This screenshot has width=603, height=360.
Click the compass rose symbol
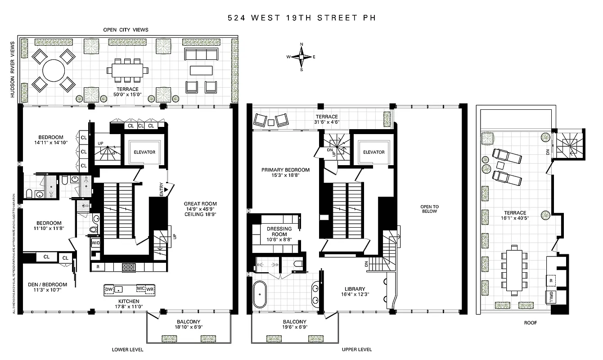[301, 57]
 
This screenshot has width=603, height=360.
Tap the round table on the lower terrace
[54, 70]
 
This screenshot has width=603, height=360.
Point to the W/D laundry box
[96, 243]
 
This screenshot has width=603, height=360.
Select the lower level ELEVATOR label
[144, 152]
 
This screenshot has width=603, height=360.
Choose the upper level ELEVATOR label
[374, 152]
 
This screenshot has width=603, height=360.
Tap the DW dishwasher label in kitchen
[109, 288]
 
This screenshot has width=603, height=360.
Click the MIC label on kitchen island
[140, 288]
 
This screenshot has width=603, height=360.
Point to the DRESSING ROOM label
[279, 231]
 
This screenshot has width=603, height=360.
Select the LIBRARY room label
[355, 289]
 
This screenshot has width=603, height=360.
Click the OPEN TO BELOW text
[429, 209]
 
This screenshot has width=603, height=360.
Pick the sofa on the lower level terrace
[201, 54]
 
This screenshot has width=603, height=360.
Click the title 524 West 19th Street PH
[301, 18]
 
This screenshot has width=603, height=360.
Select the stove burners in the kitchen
[129, 267]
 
